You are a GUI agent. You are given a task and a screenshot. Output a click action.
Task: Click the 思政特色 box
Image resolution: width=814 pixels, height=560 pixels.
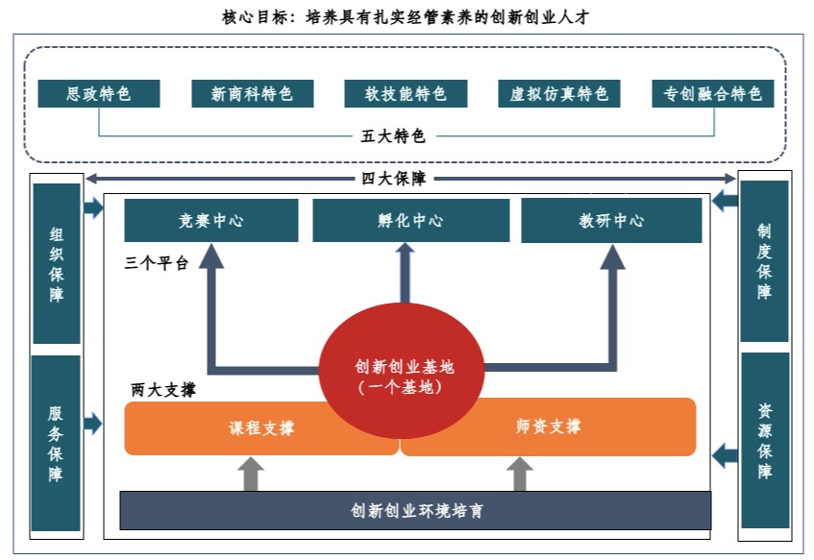click(98, 93)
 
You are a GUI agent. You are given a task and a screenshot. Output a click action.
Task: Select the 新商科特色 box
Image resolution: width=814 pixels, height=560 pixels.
click(251, 93)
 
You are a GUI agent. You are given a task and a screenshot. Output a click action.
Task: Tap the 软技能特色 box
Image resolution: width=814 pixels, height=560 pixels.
click(405, 93)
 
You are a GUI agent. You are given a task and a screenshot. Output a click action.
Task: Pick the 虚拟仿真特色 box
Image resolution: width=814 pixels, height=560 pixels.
click(558, 93)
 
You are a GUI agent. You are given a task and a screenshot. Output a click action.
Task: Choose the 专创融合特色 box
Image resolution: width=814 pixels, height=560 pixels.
click(712, 93)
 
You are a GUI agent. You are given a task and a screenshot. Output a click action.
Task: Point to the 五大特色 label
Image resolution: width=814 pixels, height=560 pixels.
click(393, 135)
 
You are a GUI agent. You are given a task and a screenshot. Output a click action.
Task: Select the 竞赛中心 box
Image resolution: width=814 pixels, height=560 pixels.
click(210, 221)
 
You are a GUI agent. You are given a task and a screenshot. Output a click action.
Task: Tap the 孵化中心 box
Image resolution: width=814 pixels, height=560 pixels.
click(410, 221)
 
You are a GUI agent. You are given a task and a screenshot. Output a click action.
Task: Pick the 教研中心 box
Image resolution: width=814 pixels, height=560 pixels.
click(611, 221)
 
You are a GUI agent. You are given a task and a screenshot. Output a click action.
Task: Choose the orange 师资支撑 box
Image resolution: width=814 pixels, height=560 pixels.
click(548, 426)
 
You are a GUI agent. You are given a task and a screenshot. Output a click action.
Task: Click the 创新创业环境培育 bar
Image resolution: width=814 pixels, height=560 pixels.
click(415, 510)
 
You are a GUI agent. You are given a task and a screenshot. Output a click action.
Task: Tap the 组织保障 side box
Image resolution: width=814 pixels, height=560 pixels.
click(57, 263)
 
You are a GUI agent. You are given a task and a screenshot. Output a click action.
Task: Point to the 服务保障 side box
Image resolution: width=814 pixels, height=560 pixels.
click(57, 443)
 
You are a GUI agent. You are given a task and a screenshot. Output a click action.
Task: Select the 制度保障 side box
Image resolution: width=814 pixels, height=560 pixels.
click(764, 261)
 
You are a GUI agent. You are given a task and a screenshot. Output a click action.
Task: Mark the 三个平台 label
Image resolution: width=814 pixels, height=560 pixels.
click(157, 263)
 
